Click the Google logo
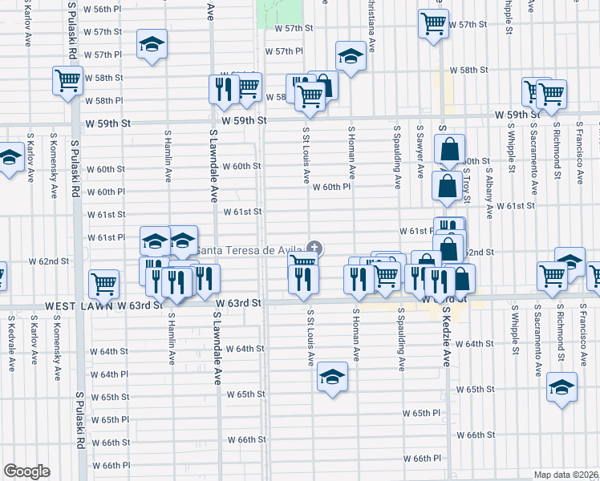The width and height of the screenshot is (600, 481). [x=26, y=471]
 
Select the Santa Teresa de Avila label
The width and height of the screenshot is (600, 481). [x=249, y=250]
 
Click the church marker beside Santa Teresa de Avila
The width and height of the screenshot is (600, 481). [x=315, y=249]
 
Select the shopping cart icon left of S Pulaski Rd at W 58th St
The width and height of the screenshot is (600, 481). [x=68, y=81]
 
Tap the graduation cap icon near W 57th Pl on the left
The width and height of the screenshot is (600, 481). [x=151, y=46]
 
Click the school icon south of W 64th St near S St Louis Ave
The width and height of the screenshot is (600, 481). [x=331, y=377]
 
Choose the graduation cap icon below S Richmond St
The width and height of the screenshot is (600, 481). [x=562, y=388]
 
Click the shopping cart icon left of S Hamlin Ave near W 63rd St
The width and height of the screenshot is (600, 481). [x=104, y=282]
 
